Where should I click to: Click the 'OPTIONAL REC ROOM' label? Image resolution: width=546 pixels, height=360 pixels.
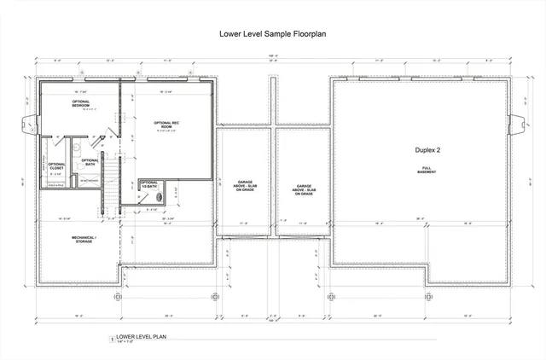point(166,125)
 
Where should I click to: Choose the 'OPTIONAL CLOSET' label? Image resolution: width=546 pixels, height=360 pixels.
point(56,166)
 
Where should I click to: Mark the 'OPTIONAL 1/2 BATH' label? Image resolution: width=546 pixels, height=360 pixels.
point(149,184)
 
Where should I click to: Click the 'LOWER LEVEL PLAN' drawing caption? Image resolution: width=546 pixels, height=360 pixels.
point(141,337)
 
